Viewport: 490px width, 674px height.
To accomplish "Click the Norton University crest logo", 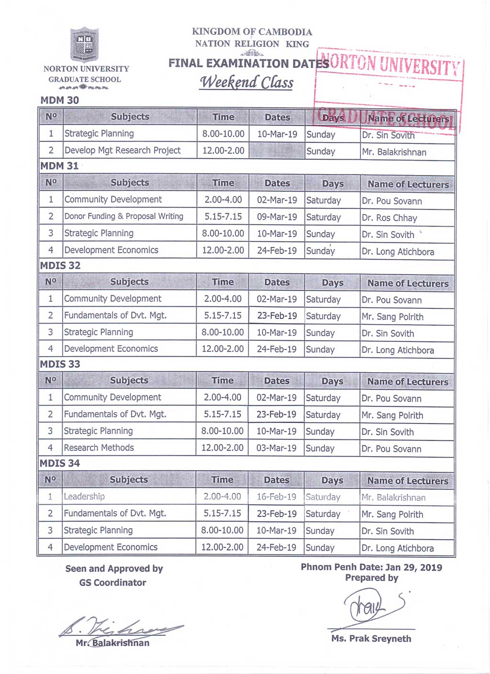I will tap(85, 45).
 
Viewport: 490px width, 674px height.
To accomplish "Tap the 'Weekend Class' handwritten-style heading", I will tap(246, 82).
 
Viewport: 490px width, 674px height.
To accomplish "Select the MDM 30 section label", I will tap(59, 100).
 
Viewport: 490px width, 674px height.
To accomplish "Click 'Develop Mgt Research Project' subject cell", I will tap(122, 151).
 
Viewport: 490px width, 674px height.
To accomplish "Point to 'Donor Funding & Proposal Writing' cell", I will tap(123, 217).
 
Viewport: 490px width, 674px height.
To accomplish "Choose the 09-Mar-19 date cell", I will tap(277, 217).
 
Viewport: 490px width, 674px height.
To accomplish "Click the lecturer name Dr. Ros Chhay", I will tap(390, 218).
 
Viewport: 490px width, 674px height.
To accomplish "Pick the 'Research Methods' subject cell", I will tap(99, 448).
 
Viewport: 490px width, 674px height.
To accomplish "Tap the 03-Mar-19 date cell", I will tap(277, 448).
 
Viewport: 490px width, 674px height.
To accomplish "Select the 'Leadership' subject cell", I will tap(84, 497).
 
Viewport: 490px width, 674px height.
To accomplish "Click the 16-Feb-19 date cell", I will tap(276, 497).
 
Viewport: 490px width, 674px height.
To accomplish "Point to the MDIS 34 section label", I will tap(60, 463).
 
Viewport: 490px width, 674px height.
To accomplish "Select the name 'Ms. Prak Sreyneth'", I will tap(371, 639).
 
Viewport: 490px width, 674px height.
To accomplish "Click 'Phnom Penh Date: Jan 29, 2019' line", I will tap(371, 567).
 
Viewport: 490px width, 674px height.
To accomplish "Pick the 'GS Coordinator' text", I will tap(112, 583).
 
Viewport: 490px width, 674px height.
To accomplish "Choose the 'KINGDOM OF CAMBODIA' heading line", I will tap(252, 32).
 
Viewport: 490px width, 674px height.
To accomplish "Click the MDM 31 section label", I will tap(59, 166).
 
